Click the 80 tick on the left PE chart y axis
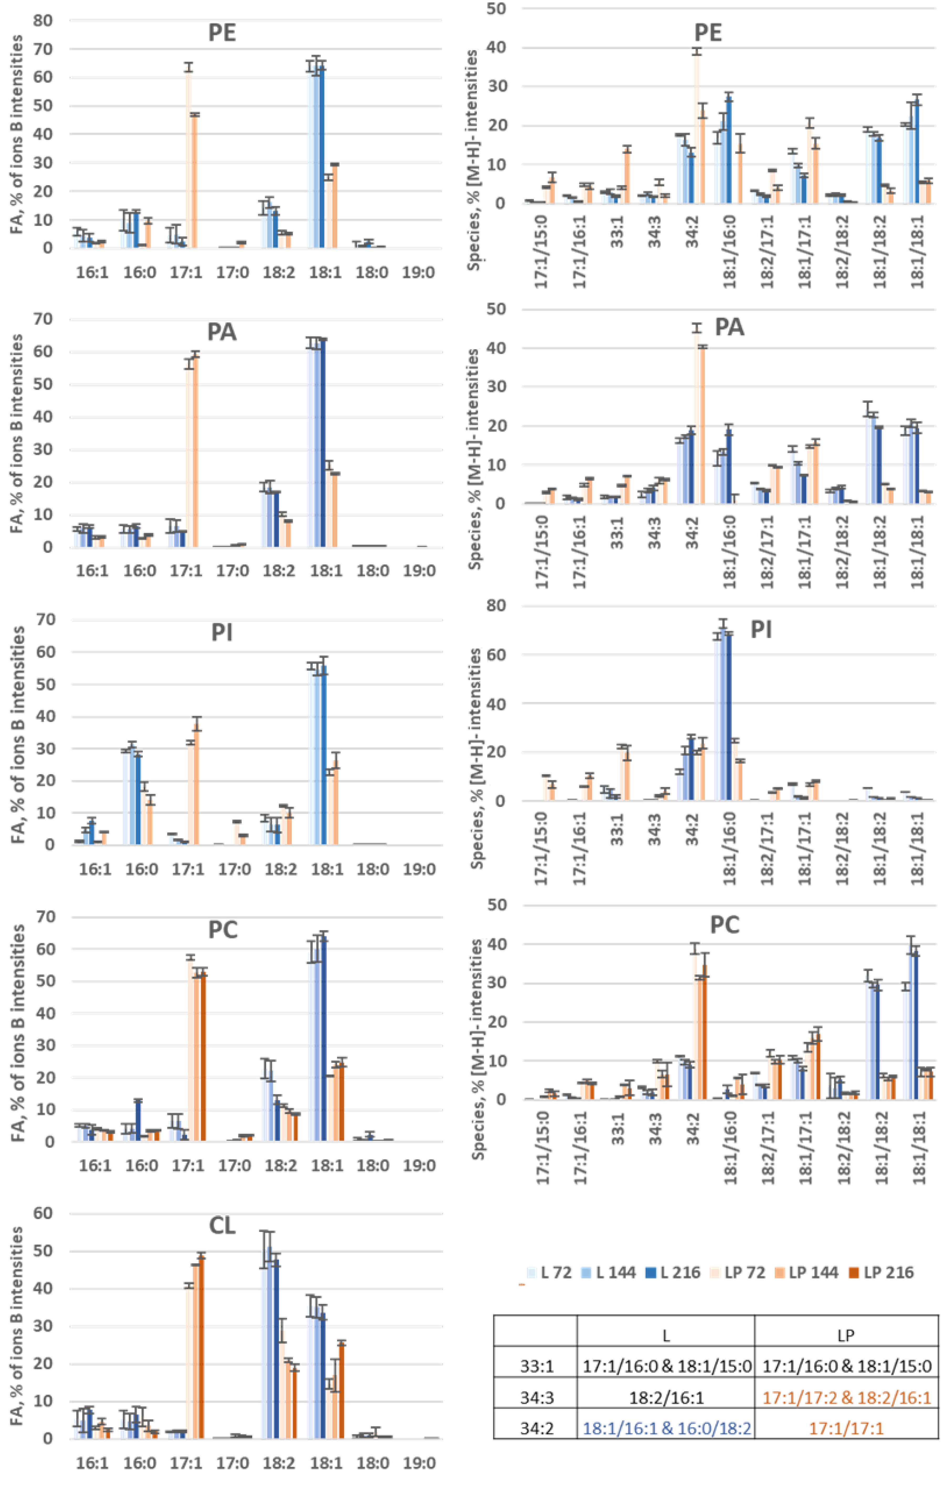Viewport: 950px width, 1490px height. [x=43, y=20]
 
